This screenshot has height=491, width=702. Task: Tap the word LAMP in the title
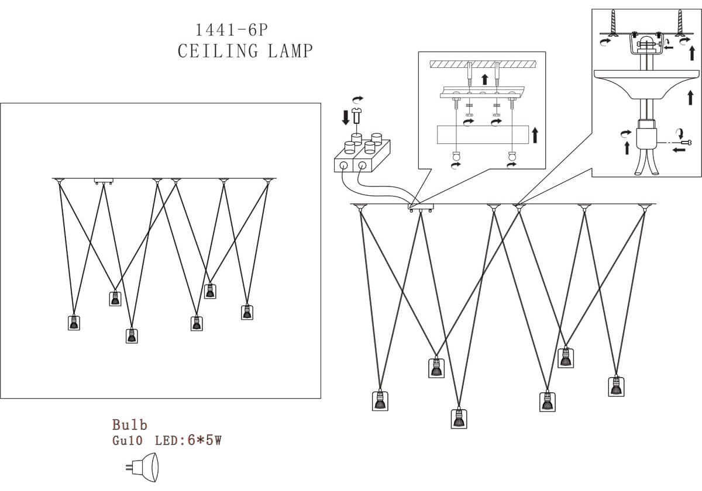click(x=290, y=51)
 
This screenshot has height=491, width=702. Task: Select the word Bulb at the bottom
click(x=130, y=425)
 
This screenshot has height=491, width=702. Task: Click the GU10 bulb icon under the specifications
click(x=142, y=467)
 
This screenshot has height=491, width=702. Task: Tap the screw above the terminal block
click(x=356, y=119)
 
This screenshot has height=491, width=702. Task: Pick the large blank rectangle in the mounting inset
click(x=483, y=134)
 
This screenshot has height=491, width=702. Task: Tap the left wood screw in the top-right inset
click(x=612, y=23)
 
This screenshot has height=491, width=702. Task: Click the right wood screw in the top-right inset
click(x=680, y=23)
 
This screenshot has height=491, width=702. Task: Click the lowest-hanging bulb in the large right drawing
click(x=459, y=418)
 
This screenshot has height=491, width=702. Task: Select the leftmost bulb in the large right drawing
click(x=380, y=400)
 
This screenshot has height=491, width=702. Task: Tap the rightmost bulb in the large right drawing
click(x=615, y=386)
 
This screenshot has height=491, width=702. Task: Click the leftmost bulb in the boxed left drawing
click(x=74, y=323)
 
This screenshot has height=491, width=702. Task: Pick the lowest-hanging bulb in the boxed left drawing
click(x=132, y=336)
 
